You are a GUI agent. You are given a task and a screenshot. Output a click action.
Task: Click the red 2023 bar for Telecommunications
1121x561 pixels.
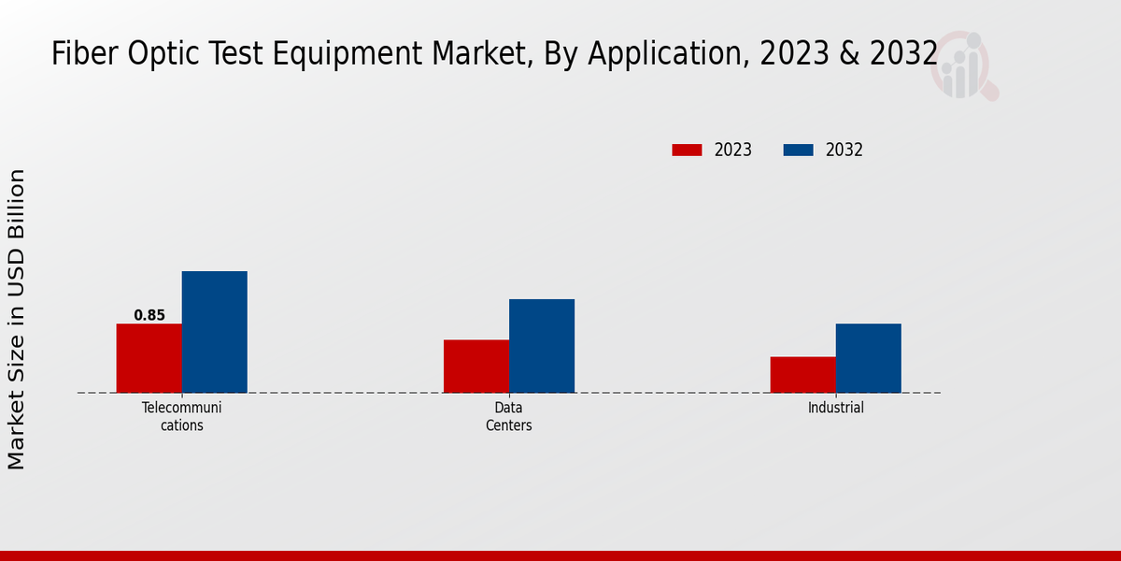[149, 358]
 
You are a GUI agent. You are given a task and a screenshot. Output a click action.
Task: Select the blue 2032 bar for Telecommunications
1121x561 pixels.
[215, 332]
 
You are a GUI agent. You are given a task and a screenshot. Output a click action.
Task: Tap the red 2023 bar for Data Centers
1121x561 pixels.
[476, 366]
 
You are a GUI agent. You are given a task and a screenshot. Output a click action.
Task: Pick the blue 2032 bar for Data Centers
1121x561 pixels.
[542, 346]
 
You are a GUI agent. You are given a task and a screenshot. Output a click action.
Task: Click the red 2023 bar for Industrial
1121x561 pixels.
[803, 374]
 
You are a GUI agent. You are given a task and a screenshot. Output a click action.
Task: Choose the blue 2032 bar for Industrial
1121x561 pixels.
[869, 358]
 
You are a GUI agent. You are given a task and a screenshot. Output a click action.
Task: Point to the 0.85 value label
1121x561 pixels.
[149, 315]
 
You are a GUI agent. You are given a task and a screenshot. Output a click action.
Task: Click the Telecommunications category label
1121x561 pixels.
[182, 416]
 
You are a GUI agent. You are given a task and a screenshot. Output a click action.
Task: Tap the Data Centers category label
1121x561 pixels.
[509, 416]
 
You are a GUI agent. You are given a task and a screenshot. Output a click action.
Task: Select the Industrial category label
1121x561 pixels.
[836, 408]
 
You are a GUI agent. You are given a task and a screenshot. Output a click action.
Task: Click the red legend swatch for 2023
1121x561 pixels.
[687, 150]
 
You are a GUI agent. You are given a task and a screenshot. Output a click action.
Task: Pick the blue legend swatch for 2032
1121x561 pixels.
[798, 150]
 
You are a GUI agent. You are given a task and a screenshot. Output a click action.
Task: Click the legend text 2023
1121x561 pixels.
[733, 150]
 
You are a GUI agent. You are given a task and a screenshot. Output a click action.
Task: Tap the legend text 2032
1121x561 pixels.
[844, 150]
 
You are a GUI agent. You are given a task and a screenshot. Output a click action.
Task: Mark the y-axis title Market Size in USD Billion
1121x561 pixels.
[17, 320]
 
